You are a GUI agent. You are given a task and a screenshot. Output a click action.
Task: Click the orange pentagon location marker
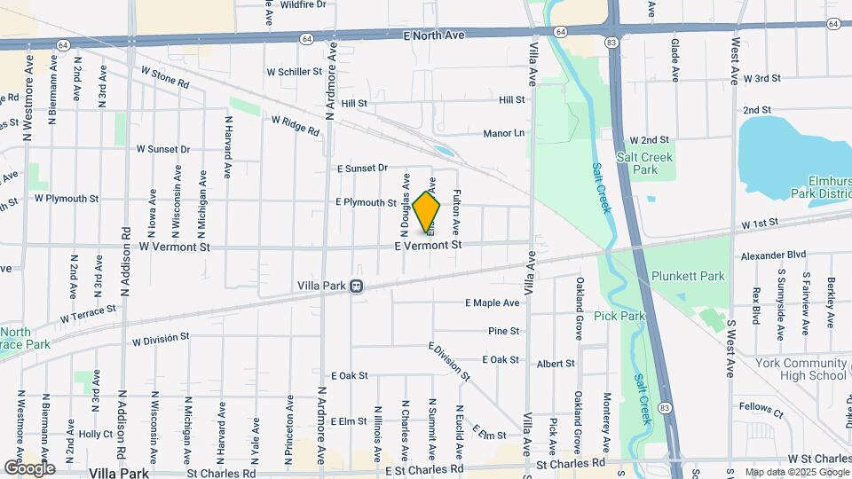pyautogui.click(x=427, y=211)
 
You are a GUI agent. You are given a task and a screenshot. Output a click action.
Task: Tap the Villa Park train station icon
pyautogui.click(x=356, y=286)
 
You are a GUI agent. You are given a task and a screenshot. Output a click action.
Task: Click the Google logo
pyautogui.click(x=29, y=467)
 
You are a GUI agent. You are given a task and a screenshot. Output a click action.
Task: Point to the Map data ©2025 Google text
pyautogui.click(x=796, y=472)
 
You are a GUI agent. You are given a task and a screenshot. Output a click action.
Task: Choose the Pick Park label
pyautogui.click(x=619, y=316)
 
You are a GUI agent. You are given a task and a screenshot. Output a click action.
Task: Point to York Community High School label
pyautogui.click(x=801, y=369)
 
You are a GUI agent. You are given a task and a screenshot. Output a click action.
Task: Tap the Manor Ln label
pyautogui.click(x=504, y=133)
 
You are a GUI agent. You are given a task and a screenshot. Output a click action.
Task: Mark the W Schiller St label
pyautogui.click(x=294, y=72)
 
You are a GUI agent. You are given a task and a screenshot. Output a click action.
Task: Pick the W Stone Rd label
pyautogui.click(x=165, y=77)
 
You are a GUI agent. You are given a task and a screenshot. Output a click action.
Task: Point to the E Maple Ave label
pyautogui.click(x=493, y=302)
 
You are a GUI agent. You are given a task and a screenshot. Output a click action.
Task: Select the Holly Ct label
pyautogui.click(x=95, y=434)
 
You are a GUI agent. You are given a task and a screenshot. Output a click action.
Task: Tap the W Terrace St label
pyautogui.click(x=88, y=313)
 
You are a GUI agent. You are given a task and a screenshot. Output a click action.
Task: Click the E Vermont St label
pyautogui.click(x=430, y=245)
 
